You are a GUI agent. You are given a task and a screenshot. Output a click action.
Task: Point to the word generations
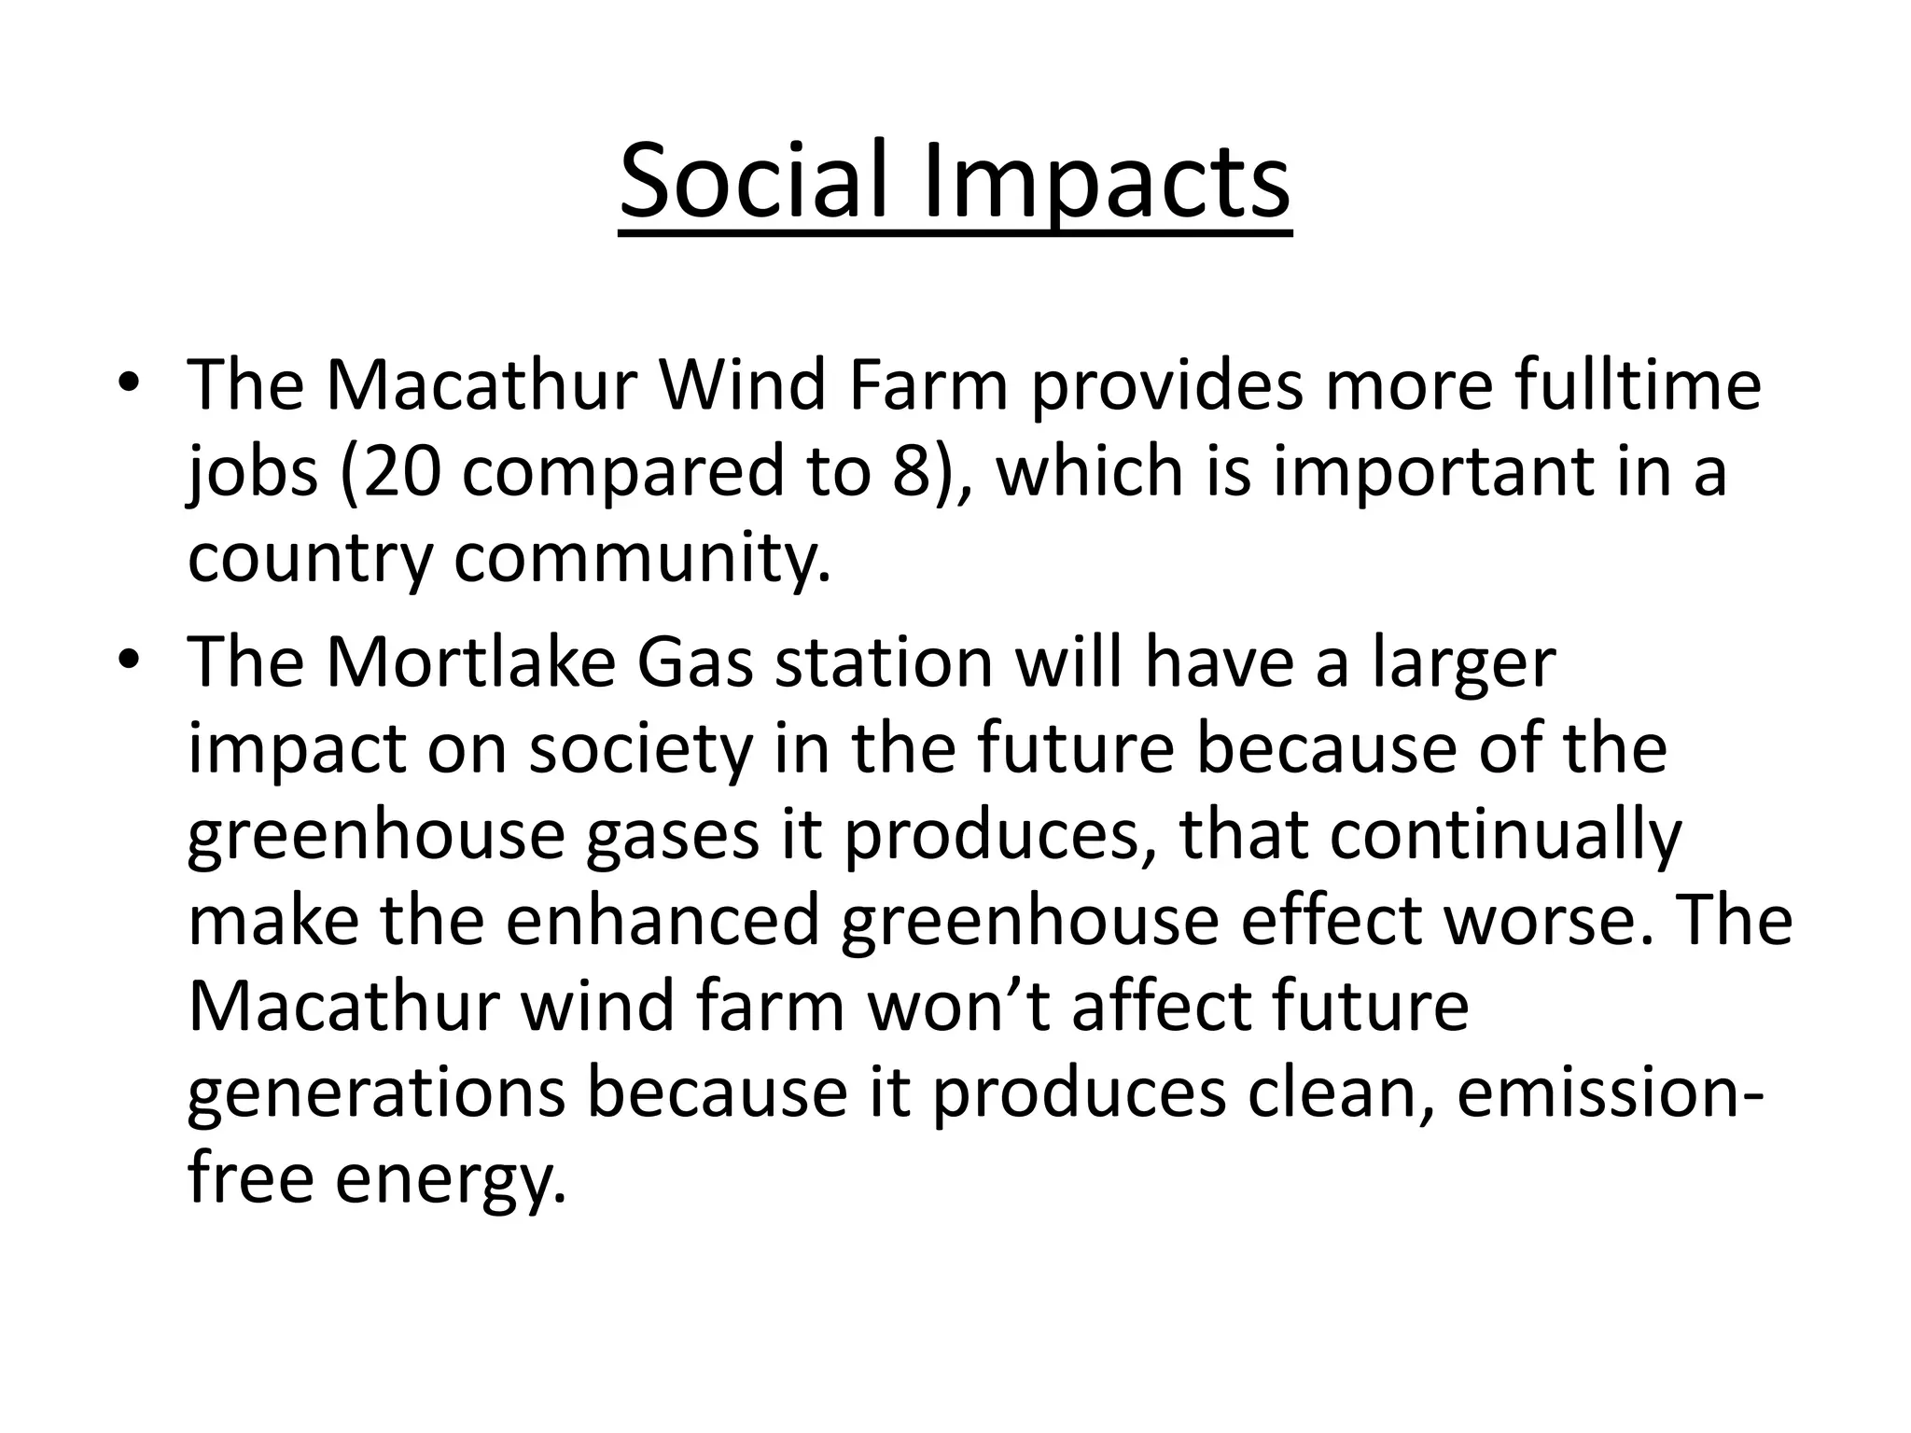pos(376,1093)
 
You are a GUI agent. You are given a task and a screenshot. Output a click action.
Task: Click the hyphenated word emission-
pos(1610,1093)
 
